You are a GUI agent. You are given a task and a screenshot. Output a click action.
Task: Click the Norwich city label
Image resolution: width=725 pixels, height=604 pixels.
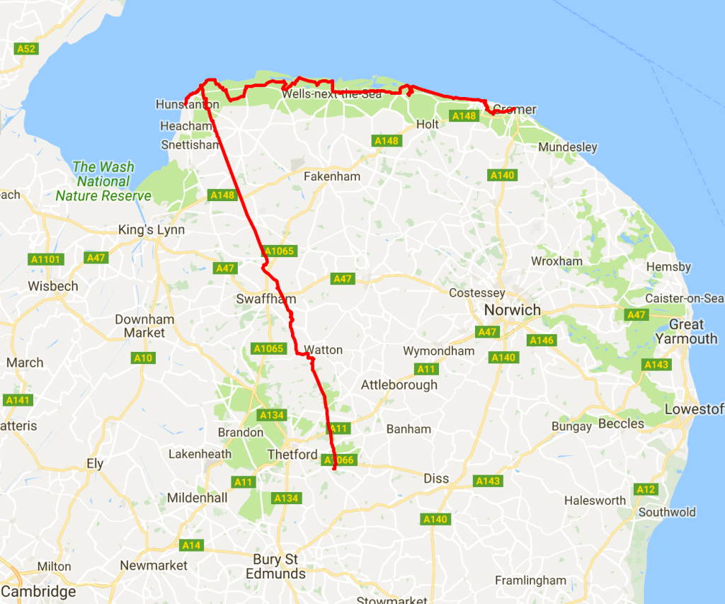click(x=512, y=310)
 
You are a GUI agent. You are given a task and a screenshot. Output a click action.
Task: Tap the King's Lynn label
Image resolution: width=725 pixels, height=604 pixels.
click(x=152, y=230)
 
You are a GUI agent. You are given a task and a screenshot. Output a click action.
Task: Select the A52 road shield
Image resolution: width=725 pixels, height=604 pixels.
click(x=25, y=49)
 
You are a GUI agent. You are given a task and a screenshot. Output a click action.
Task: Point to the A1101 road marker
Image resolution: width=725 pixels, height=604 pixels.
click(x=47, y=259)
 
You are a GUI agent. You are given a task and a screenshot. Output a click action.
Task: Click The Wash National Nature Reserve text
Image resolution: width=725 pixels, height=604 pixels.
click(x=103, y=181)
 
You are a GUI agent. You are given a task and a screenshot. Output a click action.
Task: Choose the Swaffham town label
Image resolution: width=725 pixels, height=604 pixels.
click(x=266, y=300)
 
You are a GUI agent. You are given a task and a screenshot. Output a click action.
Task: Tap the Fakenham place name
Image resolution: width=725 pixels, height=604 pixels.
click(x=332, y=176)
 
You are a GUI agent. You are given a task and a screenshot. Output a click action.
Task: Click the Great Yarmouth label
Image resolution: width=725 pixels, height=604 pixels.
click(x=686, y=331)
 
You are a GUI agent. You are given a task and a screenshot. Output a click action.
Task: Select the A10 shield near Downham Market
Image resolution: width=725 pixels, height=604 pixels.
click(x=143, y=358)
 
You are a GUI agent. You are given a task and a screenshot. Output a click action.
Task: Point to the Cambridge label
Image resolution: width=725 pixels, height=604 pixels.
click(x=38, y=591)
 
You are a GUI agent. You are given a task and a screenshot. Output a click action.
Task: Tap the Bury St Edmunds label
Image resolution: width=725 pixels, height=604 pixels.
click(x=275, y=566)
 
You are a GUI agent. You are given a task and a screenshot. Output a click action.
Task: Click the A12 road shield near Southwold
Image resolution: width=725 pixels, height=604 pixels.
click(x=646, y=489)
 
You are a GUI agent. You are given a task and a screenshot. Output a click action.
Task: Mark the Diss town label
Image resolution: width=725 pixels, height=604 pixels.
click(x=436, y=479)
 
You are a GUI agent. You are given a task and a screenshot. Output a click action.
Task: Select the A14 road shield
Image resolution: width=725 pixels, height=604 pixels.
click(x=191, y=545)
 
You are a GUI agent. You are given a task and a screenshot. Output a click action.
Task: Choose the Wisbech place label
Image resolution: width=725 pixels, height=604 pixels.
click(x=53, y=287)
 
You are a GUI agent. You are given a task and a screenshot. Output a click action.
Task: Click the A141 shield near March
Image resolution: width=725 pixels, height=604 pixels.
click(x=17, y=400)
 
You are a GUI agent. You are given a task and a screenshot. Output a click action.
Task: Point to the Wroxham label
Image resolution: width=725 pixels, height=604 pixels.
click(x=556, y=261)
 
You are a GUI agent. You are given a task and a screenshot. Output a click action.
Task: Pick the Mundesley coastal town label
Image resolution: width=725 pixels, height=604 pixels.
click(x=568, y=147)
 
